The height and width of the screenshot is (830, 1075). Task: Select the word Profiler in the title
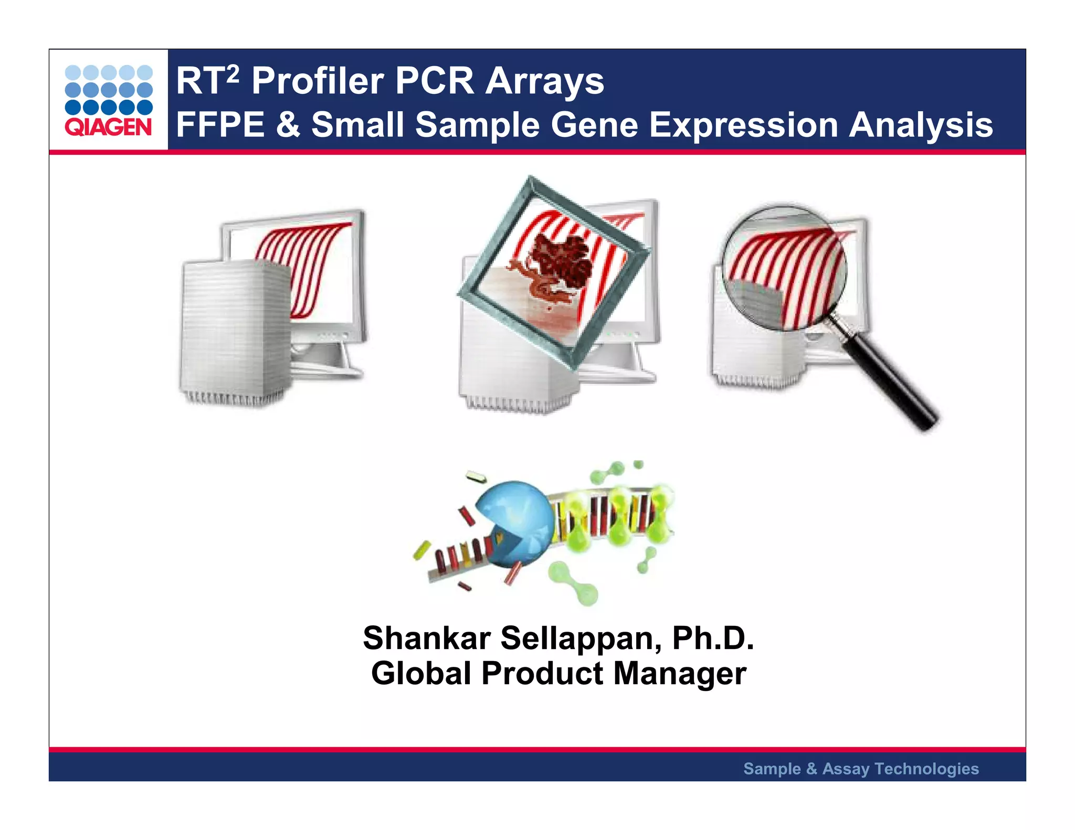tap(318, 82)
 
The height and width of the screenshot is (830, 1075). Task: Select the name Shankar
tap(426, 639)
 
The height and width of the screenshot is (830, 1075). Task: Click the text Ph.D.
tap(713, 639)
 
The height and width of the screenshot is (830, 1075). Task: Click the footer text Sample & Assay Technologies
tap(861, 769)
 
